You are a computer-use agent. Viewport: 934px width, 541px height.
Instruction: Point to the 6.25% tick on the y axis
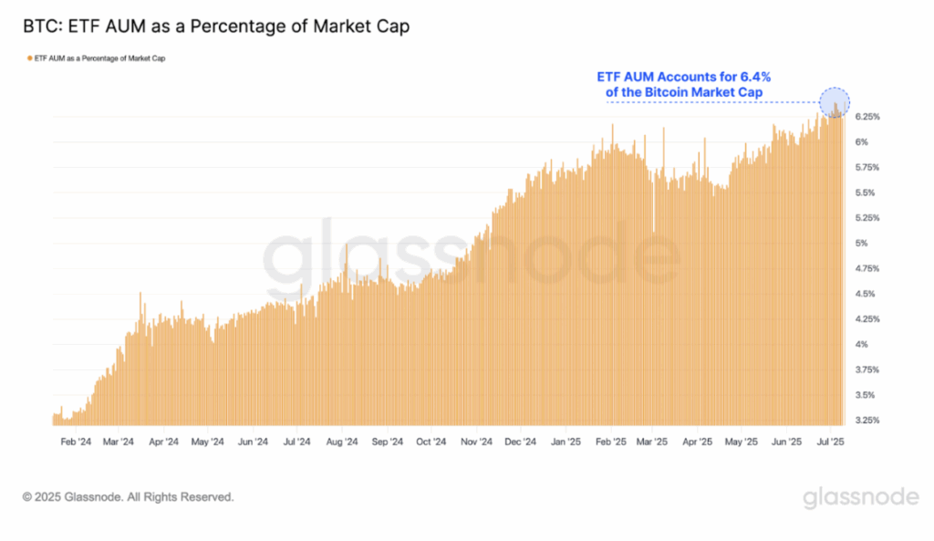867,117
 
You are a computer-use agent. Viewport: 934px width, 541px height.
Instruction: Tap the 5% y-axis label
860,244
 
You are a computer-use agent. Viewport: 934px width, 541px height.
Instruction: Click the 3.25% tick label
867,421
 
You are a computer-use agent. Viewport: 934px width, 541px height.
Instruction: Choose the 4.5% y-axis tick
864,294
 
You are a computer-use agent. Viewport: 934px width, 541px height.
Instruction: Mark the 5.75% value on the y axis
867,168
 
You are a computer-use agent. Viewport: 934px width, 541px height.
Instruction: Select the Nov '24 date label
475,442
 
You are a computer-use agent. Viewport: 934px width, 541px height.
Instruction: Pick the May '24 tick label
207,442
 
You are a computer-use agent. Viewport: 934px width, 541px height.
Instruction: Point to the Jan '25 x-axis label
566,442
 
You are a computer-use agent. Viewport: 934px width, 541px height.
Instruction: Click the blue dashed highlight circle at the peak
835,102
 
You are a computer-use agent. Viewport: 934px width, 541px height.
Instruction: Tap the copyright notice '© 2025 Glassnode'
129,497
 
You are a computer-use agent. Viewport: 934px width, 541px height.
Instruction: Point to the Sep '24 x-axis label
387,442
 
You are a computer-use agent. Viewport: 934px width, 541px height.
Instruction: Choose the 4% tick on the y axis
860,345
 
